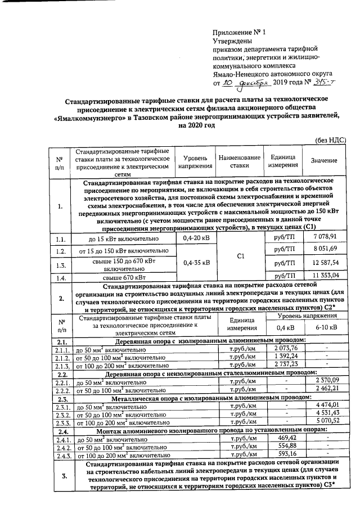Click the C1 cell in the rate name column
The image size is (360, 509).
[x=240, y=256]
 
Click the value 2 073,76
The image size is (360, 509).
[x=286, y=348]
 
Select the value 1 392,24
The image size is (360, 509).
[x=286, y=357]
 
